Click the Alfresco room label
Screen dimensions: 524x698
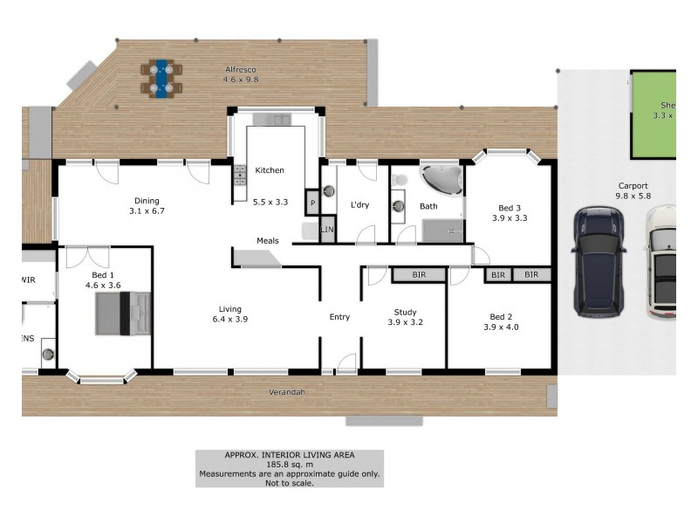pyautogui.click(x=240, y=69)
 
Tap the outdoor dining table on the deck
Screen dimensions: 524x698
pyautogui.click(x=160, y=77)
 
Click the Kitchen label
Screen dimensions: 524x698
pyautogui.click(x=270, y=170)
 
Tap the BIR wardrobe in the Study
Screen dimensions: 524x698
pyautogui.click(x=417, y=275)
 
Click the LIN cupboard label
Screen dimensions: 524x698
pyautogui.click(x=327, y=230)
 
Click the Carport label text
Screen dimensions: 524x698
pyautogui.click(x=633, y=185)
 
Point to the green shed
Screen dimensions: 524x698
pyautogui.click(x=654, y=114)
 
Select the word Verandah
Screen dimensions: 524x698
pyautogui.click(x=288, y=392)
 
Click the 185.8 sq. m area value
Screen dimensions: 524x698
pyautogui.click(x=289, y=465)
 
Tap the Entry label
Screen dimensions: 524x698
pyautogui.click(x=339, y=317)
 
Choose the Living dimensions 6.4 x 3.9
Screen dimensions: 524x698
pyautogui.click(x=230, y=320)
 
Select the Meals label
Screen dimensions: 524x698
pyautogui.click(x=267, y=240)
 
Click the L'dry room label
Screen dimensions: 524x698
pyautogui.click(x=361, y=206)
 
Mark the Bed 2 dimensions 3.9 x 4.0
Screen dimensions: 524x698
pyautogui.click(x=501, y=327)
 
